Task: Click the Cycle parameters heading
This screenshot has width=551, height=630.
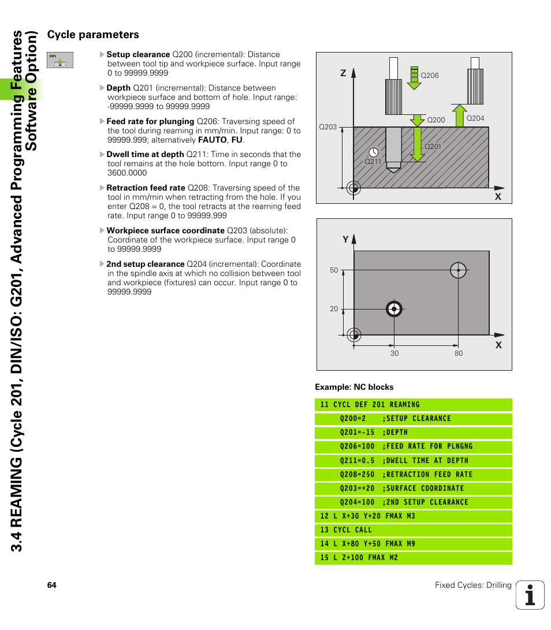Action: coord(93,35)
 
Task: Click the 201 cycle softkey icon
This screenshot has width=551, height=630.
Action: coord(60,60)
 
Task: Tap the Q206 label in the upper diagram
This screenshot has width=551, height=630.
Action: coord(430,76)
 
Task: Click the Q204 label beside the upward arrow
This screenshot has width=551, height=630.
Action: coord(475,118)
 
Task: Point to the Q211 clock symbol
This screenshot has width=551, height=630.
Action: coord(374,152)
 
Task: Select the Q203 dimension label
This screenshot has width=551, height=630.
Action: coord(327,127)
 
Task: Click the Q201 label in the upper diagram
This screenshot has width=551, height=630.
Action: coord(433,147)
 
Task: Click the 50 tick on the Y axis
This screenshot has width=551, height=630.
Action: coord(334,270)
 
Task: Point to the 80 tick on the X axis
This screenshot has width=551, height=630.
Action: coord(458,353)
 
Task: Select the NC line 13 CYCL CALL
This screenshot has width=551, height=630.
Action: coord(347,530)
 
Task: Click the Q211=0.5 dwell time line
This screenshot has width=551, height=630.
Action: coord(404,461)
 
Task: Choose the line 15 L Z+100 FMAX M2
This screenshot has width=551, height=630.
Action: coord(359,558)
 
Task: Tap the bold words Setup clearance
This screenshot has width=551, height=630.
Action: coord(138,54)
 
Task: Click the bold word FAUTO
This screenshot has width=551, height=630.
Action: coord(212,140)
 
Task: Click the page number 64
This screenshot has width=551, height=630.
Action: coord(52,586)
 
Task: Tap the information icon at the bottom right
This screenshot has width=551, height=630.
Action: coord(530,595)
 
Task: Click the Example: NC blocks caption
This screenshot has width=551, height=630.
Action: coord(354,387)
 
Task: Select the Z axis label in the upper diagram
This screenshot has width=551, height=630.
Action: coord(342,73)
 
